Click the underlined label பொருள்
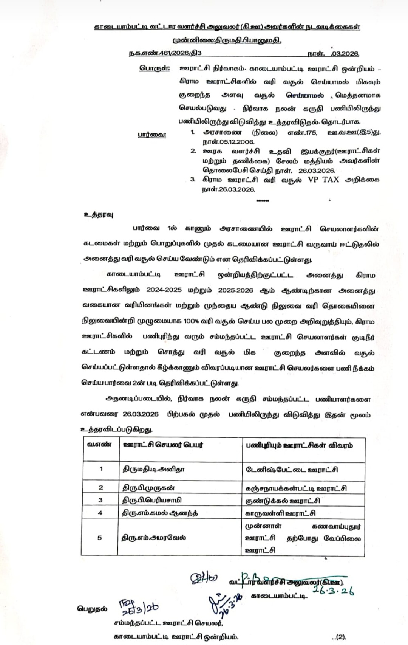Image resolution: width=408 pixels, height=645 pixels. pyautogui.click(x=153, y=68)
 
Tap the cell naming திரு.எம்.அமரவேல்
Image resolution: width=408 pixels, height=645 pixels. pyautogui.click(x=153, y=537)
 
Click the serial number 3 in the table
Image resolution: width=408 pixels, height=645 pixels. pyautogui.click(x=100, y=500)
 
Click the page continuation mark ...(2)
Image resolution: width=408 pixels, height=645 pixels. pyautogui.click(x=338, y=636)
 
